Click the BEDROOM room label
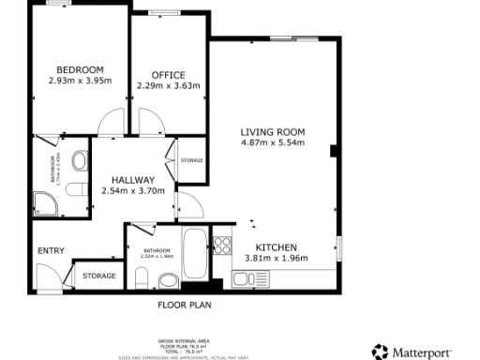click(80, 69)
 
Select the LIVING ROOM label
click(273, 132)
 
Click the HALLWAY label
click(132, 179)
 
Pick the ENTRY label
click(51, 250)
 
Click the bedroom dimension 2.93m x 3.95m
click(80, 81)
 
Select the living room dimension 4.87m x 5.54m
click(273, 143)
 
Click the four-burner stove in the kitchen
click(223, 246)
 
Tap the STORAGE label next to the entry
click(98, 276)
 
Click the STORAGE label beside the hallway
click(191, 160)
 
